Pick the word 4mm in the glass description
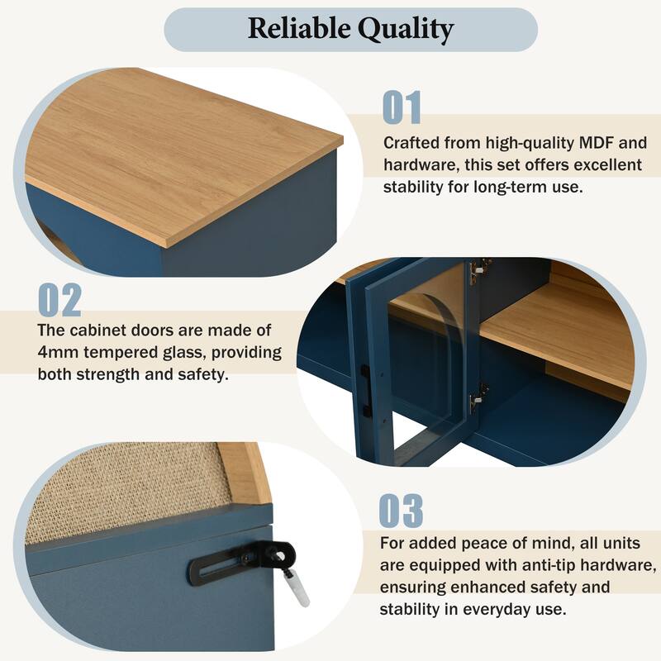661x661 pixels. (x=62, y=353)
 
